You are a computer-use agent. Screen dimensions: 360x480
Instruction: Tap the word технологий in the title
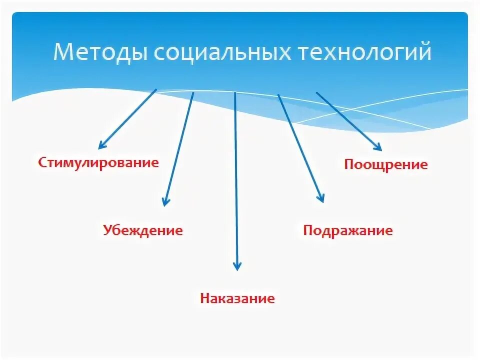coord(365,52)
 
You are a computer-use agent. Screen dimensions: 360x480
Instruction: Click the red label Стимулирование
coord(98,162)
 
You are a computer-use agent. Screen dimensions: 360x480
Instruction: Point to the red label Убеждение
coord(143,230)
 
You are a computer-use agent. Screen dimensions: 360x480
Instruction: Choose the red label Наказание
coord(237,299)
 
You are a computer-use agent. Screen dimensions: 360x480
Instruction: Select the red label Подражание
coord(348,230)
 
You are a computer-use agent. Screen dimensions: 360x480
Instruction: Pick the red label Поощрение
coord(386,164)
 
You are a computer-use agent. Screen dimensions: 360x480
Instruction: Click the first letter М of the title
coord(63,52)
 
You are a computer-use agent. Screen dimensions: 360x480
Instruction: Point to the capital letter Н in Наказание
coord(204,299)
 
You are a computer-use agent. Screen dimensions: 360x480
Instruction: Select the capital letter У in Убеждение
coord(107,230)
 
